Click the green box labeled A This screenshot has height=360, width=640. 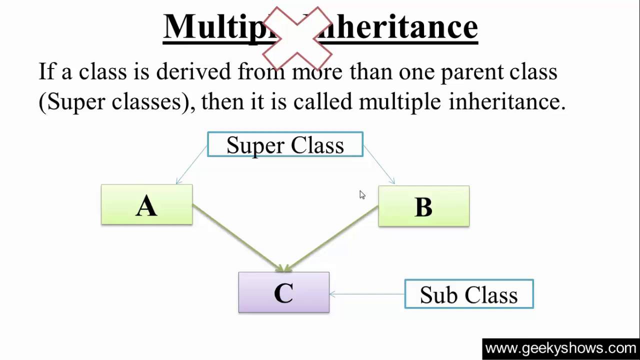146,204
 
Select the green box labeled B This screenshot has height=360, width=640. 423,206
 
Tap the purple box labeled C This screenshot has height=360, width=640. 283,292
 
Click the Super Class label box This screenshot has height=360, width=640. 285,144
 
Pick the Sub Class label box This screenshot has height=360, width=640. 468,294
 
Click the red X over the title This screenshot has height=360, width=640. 297,37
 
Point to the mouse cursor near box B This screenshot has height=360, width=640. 362,194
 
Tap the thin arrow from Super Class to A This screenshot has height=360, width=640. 191,165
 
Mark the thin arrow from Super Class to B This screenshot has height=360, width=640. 379,165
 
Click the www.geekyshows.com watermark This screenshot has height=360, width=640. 560,348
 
